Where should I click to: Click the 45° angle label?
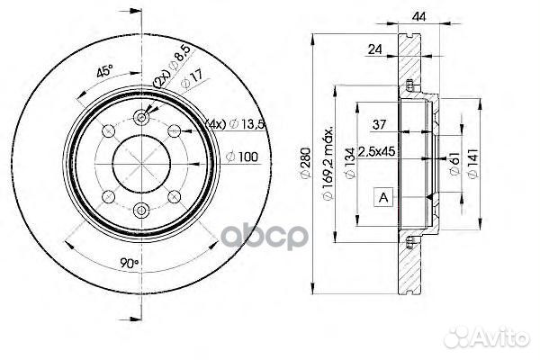click(104, 71)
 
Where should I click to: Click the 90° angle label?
click(129, 264)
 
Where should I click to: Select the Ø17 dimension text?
click(192, 81)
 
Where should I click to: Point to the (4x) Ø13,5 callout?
click(235, 123)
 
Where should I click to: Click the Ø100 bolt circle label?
click(242, 157)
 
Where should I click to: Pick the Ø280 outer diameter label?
click(306, 163)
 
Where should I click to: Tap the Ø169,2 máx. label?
click(328, 163)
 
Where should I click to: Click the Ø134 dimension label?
click(350, 163)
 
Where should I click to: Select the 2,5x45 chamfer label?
click(376, 151)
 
